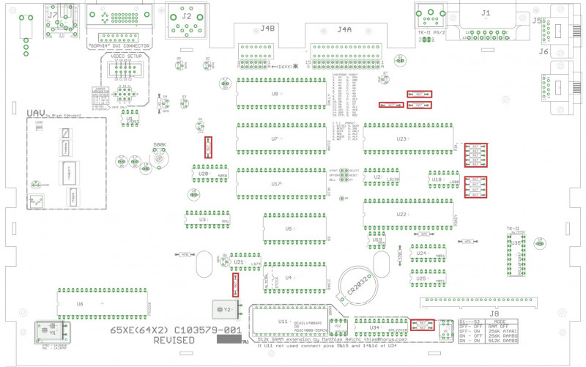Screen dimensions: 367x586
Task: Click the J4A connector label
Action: pos(344,30)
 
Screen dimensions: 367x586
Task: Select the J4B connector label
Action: pos(267,30)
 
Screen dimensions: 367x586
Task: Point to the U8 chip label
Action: pos(275,94)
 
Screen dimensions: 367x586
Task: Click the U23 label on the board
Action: pos(401,138)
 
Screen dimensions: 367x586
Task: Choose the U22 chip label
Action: pos(401,215)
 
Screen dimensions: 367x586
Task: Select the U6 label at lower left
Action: pos(80,303)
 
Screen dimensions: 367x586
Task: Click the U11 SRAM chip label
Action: pos(283,322)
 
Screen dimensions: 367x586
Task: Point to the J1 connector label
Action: pos(486,13)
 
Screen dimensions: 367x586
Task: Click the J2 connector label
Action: pos(187,15)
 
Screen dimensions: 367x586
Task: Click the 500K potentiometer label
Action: pos(160,145)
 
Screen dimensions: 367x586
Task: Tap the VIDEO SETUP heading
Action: pos(126,56)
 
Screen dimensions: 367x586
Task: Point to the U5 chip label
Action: pos(289,229)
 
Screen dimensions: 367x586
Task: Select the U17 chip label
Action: pos(275,184)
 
